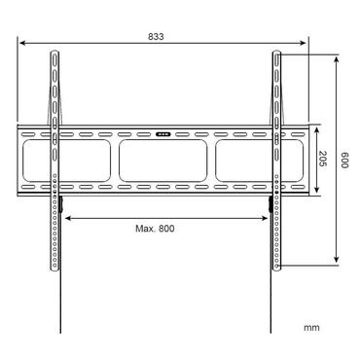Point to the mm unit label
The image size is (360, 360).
click(310, 328)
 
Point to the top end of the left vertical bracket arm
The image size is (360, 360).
click(53, 55)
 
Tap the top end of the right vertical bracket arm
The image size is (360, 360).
click(276, 55)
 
